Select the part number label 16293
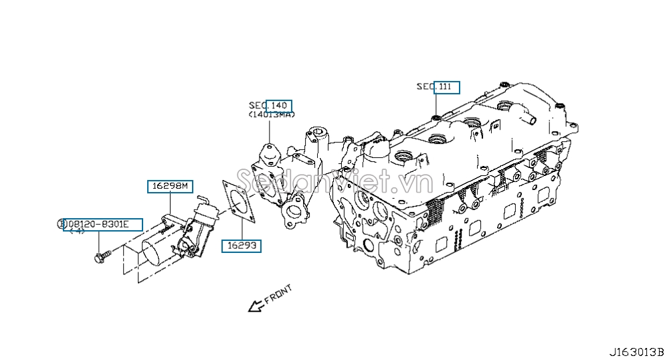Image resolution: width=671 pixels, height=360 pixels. tap(242, 246)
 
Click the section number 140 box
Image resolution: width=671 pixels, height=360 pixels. tap(279, 106)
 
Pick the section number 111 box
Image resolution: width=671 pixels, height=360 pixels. tap(446, 86)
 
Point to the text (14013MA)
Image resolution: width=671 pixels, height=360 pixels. tap(271, 115)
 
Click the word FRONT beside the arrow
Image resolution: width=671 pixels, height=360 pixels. tap(278, 295)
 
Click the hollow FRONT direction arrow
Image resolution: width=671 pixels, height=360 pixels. tap(255, 306)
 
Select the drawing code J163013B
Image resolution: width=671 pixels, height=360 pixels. tap(636, 352)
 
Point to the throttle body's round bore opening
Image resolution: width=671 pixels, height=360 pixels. tap(155, 253)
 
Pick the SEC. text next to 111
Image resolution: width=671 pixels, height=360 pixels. tap(425, 86)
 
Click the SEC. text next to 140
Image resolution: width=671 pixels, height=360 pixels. tap(258, 106)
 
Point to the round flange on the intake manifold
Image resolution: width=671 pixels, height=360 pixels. tap(292, 214)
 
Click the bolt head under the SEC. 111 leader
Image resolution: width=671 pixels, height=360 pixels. tap(436, 118)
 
